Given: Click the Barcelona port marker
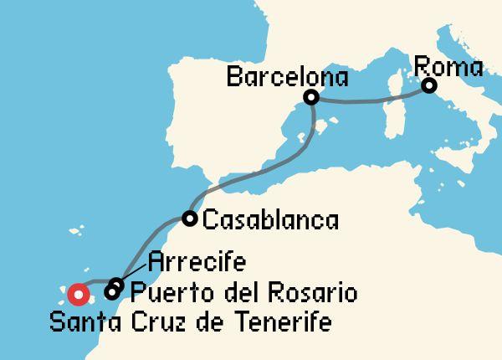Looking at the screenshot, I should pyautogui.click(x=311, y=98).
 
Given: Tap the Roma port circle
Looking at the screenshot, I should pyautogui.click(x=428, y=85).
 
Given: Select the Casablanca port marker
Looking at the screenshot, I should pyautogui.click(x=190, y=219).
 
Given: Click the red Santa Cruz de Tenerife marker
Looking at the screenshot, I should pyautogui.click(x=79, y=294).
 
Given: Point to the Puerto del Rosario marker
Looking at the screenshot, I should pyautogui.click(x=112, y=292).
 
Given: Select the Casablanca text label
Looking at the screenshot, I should pyautogui.click(x=271, y=221).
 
